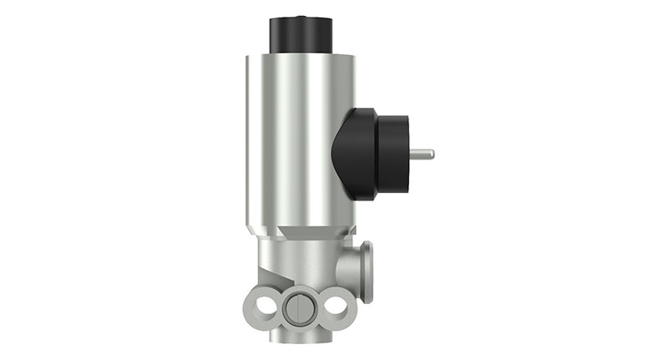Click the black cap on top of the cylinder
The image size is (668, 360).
[298, 33]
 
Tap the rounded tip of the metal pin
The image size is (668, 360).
[432, 153]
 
